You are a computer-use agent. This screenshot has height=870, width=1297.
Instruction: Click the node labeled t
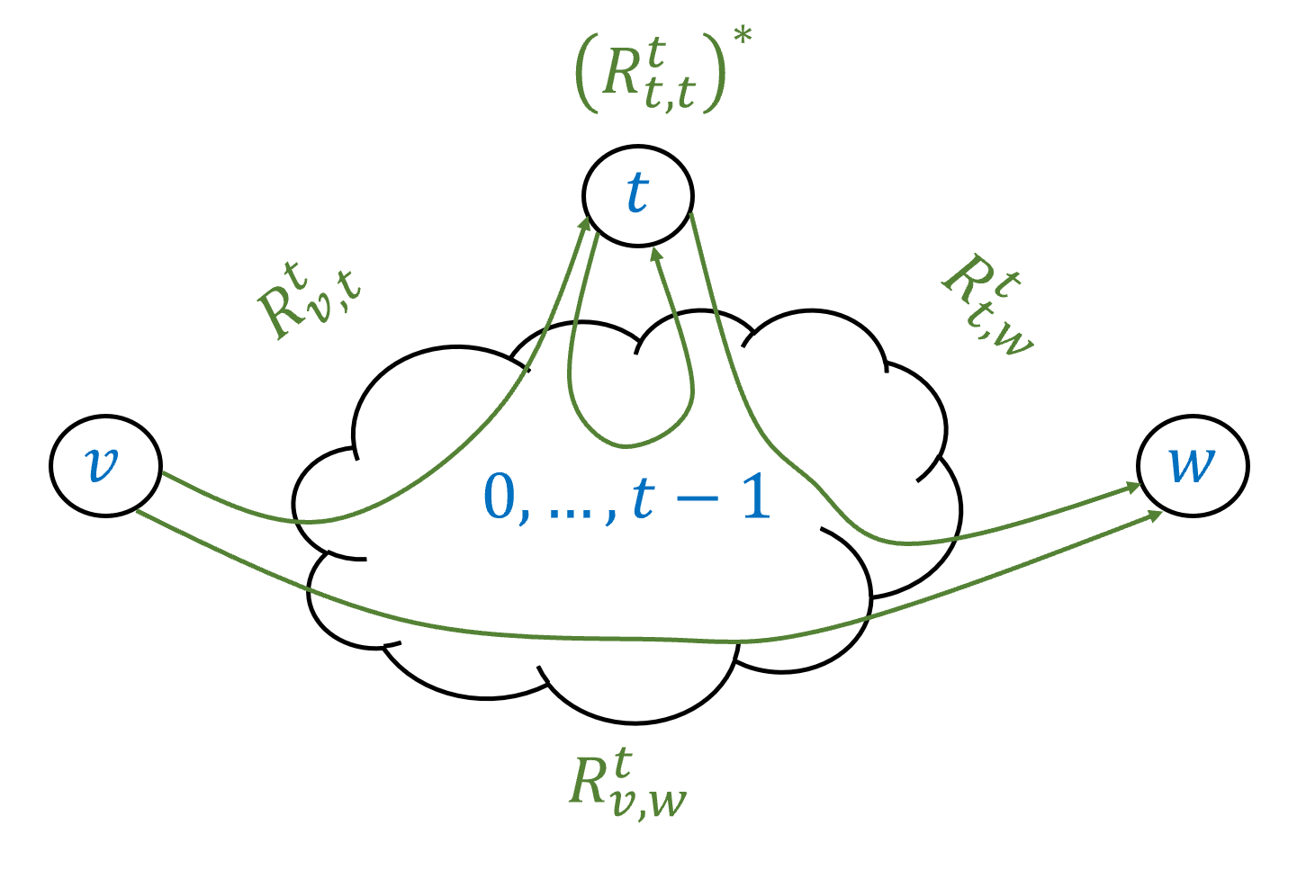click(637, 194)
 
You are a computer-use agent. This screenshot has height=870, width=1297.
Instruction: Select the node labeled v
click(104, 464)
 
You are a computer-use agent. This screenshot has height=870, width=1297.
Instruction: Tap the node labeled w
click(1192, 465)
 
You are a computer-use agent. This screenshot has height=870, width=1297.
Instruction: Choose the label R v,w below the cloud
click(627, 783)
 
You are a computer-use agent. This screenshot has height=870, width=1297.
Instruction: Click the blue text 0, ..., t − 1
click(626, 498)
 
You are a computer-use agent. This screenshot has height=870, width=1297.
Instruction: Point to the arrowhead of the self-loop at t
click(656, 255)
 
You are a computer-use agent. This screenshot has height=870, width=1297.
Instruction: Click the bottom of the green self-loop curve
click(626, 444)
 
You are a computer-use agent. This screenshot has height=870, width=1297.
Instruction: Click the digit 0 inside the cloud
click(500, 498)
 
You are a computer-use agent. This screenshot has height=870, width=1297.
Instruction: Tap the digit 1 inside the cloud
click(756, 498)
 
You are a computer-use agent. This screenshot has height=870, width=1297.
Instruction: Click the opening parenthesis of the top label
click(587, 76)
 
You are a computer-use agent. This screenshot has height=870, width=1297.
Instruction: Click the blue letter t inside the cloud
click(643, 498)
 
